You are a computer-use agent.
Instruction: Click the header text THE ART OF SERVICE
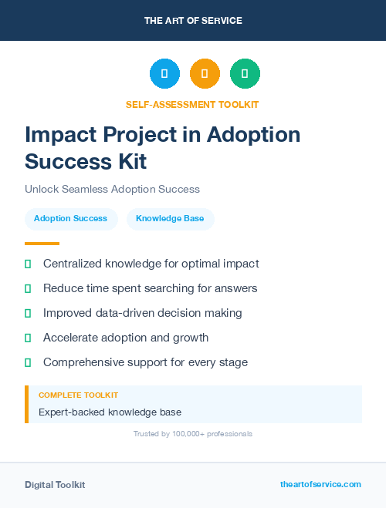(193, 21)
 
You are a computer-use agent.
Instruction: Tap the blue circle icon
(164, 74)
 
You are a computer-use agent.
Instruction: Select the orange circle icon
(205, 74)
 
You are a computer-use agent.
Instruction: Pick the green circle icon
(245, 74)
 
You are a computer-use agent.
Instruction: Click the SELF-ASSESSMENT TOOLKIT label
(192, 104)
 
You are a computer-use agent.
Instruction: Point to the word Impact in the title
(59, 135)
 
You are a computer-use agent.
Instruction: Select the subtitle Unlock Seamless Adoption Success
(112, 189)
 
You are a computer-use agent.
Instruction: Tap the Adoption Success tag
(70, 219)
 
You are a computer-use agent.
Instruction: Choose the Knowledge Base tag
(170, 219)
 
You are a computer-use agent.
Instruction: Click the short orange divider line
(42, 244)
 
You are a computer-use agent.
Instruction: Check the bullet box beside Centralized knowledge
(28, 264)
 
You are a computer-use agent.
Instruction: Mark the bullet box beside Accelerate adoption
(28, 338)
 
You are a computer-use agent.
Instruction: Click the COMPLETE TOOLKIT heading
(78, 395)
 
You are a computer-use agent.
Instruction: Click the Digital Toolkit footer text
(55, 485)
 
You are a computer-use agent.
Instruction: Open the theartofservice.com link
(320, 484)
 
